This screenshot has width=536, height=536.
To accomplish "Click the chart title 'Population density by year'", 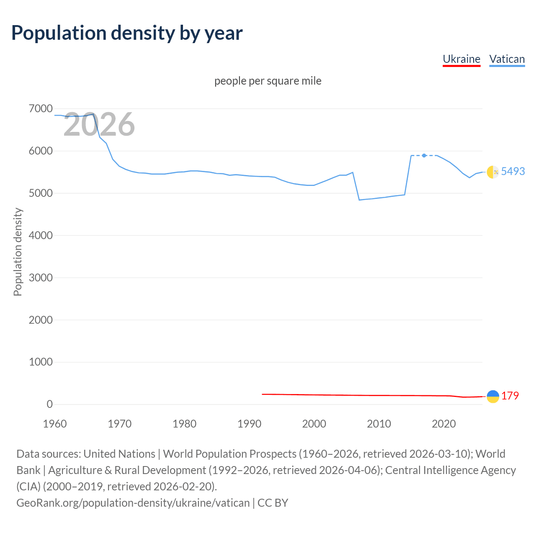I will (127, 33).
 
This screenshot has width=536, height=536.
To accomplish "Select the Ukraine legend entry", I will (461, 59).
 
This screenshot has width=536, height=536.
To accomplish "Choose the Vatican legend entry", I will (507, 59).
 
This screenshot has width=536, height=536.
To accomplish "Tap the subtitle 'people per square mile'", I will (268, 81).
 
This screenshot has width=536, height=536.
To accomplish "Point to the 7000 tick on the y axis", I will (41, 109).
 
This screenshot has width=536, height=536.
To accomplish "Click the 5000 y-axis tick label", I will (41, 193).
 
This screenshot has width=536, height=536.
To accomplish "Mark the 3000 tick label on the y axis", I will (41, 278).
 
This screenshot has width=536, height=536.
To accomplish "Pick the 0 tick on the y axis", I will (49, 404).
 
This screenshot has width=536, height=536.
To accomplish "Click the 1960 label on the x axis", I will (55, 424).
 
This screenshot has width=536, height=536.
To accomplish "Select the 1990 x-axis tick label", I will (249, 424).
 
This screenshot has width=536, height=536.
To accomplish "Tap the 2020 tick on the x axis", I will (443, 424).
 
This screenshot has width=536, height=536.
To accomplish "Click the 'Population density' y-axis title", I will (18, 252).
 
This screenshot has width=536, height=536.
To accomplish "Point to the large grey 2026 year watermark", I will (99, 124).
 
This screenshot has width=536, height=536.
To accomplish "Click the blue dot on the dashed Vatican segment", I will (424, 155).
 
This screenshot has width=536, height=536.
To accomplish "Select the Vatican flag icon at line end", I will (493, 172).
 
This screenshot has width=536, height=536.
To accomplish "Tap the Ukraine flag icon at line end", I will (493, 396).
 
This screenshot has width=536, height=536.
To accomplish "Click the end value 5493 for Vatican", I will (513, 171).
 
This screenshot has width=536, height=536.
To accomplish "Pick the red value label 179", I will (510, 396).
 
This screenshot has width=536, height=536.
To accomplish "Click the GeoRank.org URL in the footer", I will (133, 502).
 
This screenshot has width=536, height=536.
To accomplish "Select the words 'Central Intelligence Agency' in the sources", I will (450, 470).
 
